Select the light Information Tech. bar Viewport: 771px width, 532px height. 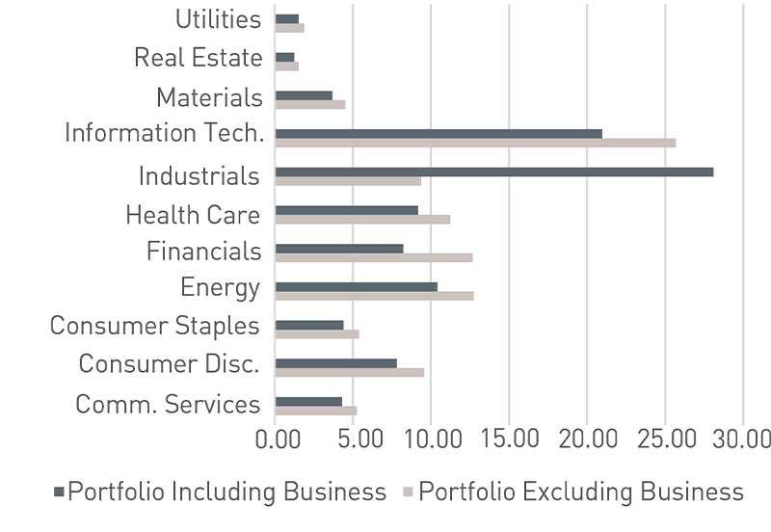[x=475, y=143]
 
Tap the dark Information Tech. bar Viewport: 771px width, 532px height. [x=439, y=133]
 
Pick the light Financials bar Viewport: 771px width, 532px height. [x=374, y=257]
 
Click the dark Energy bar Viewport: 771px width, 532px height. [x=356, y=286]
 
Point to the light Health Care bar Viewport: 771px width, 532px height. [x=362, y=219]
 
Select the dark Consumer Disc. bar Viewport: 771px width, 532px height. [x=335, y=363]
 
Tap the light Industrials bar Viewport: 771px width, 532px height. [x=348, y=181]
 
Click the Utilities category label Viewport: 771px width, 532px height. [x=219, y=19]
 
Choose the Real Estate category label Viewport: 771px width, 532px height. [x=198, y=58]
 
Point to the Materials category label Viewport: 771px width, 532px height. [x=209, y=97]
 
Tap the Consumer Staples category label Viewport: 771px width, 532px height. [x=154, y=326]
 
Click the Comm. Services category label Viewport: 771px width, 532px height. [x=168, y=404]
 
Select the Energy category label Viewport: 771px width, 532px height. [x=220, y=287]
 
